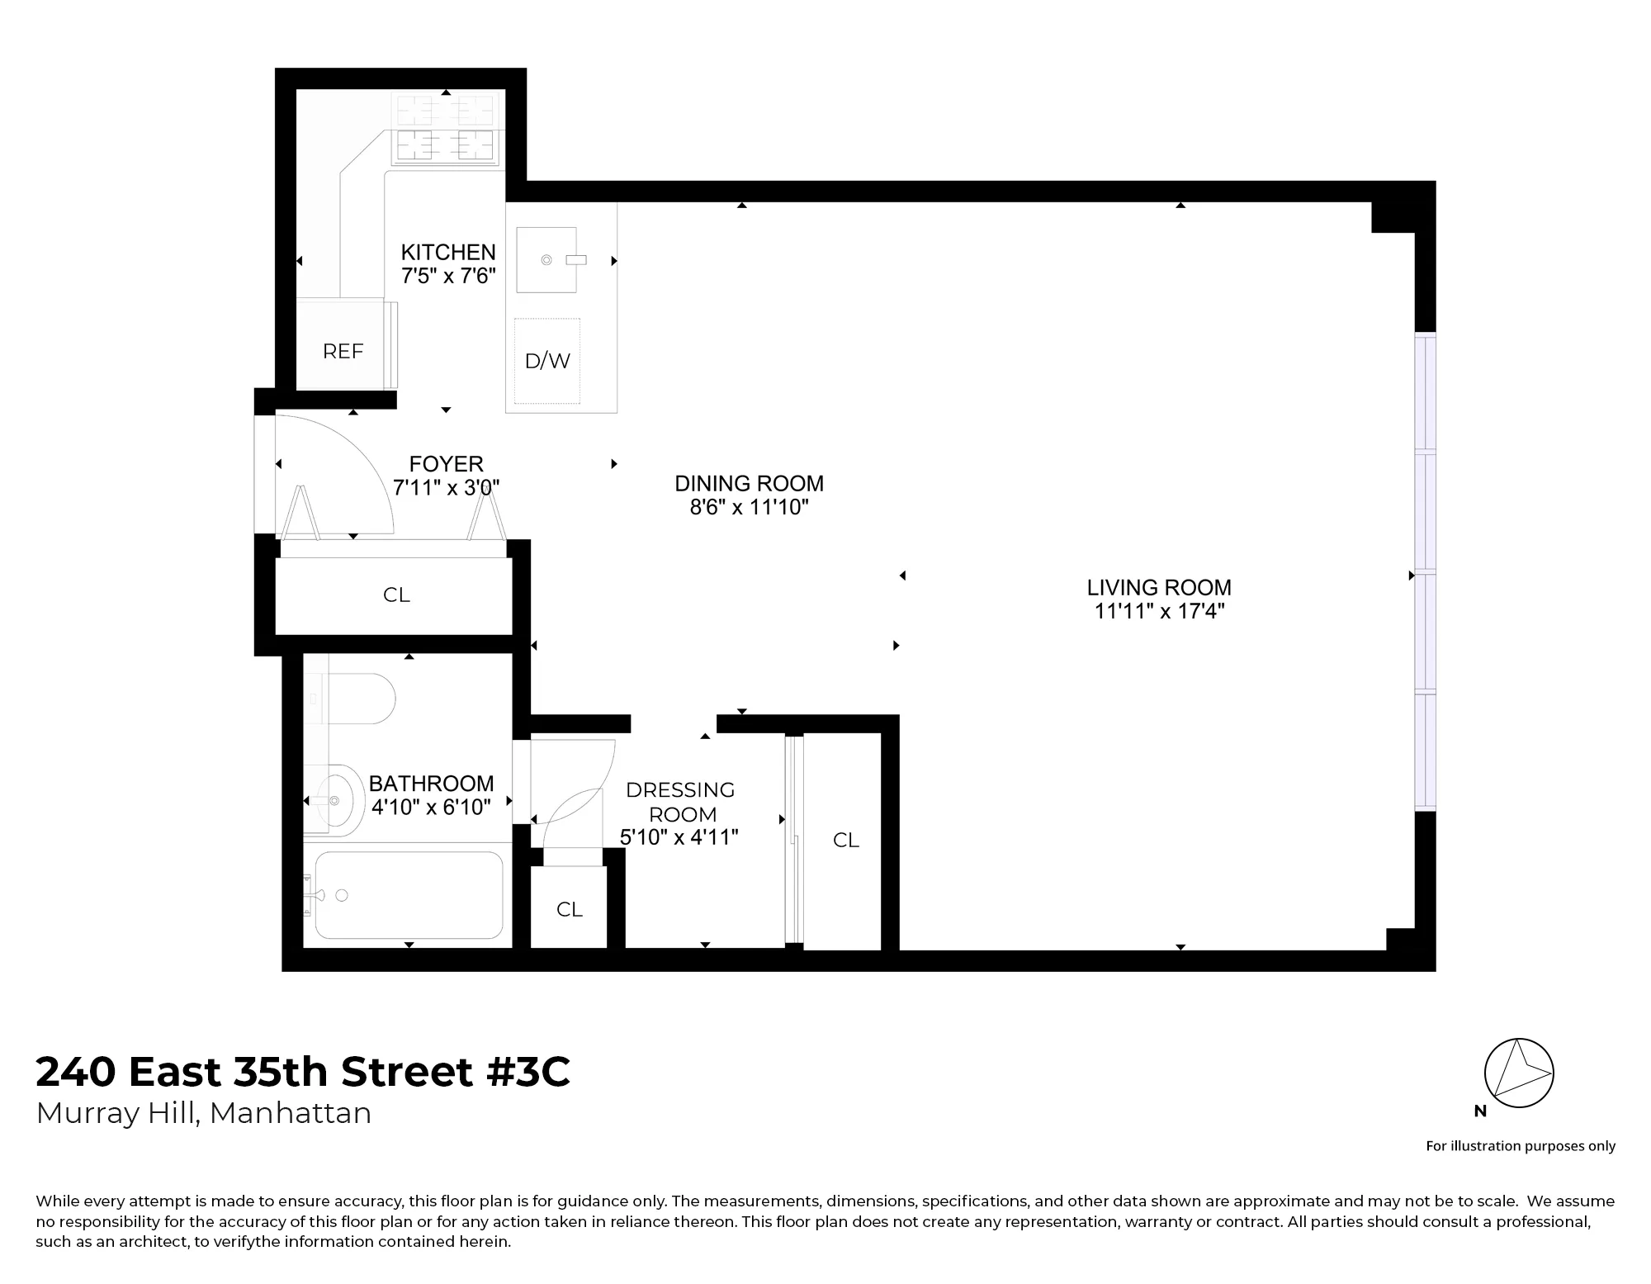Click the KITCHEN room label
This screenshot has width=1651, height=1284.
(x=448, y=252)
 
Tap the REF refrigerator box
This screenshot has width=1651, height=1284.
(x=343, y=351)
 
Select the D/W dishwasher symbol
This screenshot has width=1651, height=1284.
(x=547, y=361)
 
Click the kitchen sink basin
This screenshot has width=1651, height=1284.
(x=546, y=260)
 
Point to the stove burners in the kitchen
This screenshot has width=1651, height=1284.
(x=446, y=128)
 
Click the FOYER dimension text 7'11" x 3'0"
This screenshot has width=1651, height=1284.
(x=446, y=488)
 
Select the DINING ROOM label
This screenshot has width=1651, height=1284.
(x=749, y=483)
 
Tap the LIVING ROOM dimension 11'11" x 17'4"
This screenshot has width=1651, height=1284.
(x=1159, y=611)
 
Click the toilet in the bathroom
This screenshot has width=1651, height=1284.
(x=363, y=699)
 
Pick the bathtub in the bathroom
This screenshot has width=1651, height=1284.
(x=409, y=896)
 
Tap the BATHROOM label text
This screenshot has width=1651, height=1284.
(x=431, y=783)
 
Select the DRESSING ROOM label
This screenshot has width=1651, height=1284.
(x=681, y=802)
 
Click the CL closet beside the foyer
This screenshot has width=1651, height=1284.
(x=396, y=595)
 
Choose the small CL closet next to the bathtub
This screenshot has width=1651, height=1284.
(x=570, y=909)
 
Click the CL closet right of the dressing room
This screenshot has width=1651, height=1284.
(x=846, y=840)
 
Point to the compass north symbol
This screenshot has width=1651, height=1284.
(x=1519, y=1073)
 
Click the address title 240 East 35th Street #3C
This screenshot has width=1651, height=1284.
(x=303, y=1073)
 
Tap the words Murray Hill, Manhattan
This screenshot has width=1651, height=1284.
(x=204, y=1113)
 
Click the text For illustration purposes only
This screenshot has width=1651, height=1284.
(x=1521, y=1145)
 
